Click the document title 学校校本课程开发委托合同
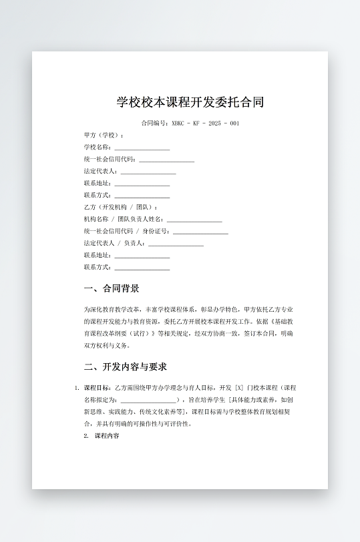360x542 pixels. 190,102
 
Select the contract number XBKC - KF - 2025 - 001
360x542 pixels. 205,123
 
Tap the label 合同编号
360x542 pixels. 154,123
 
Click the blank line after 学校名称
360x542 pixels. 142,148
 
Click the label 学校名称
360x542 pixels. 97,148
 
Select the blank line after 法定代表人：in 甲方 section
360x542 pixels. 148,172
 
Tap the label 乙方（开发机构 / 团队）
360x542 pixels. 121,208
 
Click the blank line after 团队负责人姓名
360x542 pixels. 194,220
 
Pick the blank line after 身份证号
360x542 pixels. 200,232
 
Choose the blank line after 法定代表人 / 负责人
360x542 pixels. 176,244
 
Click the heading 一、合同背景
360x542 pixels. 112,288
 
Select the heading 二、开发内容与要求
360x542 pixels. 125,366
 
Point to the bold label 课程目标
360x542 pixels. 98,388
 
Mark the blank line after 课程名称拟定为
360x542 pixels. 149,400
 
